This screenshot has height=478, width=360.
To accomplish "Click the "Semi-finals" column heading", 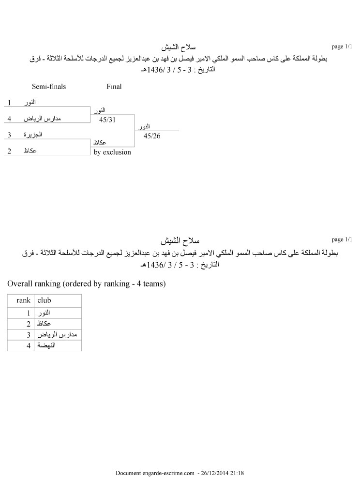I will click(49, 87).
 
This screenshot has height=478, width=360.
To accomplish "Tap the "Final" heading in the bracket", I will click(114, 87).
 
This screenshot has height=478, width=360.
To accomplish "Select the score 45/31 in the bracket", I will click(107, 119).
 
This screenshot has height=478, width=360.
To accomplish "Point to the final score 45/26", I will click(151, 136).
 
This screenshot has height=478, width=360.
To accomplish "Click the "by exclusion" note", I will click(112, 152).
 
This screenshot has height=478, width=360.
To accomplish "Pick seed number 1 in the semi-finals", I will click(9, 103).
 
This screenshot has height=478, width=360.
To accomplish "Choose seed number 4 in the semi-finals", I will click(9, 119).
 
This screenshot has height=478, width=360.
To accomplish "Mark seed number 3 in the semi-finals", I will click(9, 134).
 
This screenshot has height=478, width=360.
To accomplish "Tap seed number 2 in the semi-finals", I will click(9, 151).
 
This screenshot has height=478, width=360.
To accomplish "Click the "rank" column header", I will click(23, 300).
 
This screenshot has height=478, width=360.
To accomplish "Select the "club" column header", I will click(44, 300).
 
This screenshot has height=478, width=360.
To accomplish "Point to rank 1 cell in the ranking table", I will click(29, 313).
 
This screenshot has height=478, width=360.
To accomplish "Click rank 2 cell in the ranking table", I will click(29, 324).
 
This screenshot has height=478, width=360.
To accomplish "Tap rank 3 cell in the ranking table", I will click(29, 335).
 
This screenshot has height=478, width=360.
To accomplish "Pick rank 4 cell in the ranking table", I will click(29, 346).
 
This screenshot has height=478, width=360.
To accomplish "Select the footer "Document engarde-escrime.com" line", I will click(180, 473).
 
